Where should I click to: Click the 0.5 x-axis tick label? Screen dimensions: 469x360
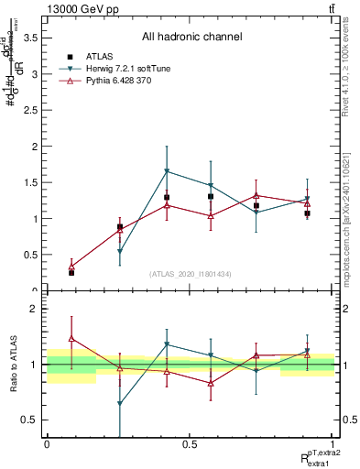point(190,445)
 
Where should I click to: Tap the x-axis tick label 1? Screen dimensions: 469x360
point(333,445)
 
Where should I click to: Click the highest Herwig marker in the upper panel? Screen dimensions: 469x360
point(167,171)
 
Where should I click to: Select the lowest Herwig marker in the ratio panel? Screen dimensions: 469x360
point(120,404)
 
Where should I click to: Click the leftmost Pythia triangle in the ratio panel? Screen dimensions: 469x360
point(71,339)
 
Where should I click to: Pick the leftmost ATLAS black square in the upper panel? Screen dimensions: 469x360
point(71,273)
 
